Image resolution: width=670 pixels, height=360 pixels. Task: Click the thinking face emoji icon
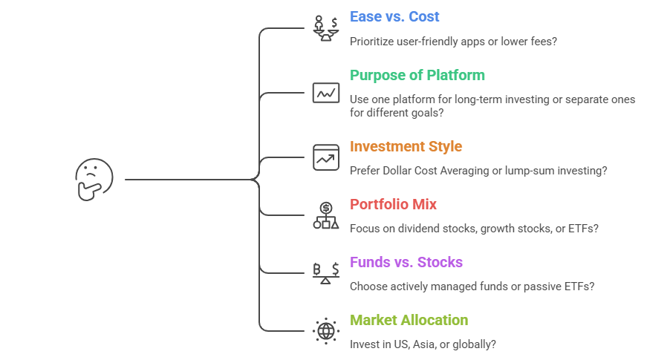(x=94, y=179)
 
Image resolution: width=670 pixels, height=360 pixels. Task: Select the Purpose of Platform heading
(x=417, y=75)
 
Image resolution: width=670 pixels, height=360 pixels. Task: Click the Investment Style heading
(x=406, y=146)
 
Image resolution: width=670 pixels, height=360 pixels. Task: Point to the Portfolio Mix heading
(x=392, y=204)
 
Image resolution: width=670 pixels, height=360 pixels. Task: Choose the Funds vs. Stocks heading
(x=406, y=262)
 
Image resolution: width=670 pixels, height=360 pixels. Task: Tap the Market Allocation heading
(x=409, y=320)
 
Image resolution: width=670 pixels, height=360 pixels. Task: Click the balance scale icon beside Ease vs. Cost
(x=326, y=28)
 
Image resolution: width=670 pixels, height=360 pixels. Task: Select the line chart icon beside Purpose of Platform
(x=326, y=93)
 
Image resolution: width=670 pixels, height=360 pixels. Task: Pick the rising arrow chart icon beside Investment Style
(x=326, y=157)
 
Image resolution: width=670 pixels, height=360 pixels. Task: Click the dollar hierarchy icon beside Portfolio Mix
(x=326, y=215)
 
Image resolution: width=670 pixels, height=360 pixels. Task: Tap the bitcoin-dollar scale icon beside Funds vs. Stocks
(x=326, y=273)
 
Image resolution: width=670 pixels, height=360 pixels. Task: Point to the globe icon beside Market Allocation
(x=326, y=331)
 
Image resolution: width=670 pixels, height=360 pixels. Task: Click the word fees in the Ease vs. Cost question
(x=541, y=41)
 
